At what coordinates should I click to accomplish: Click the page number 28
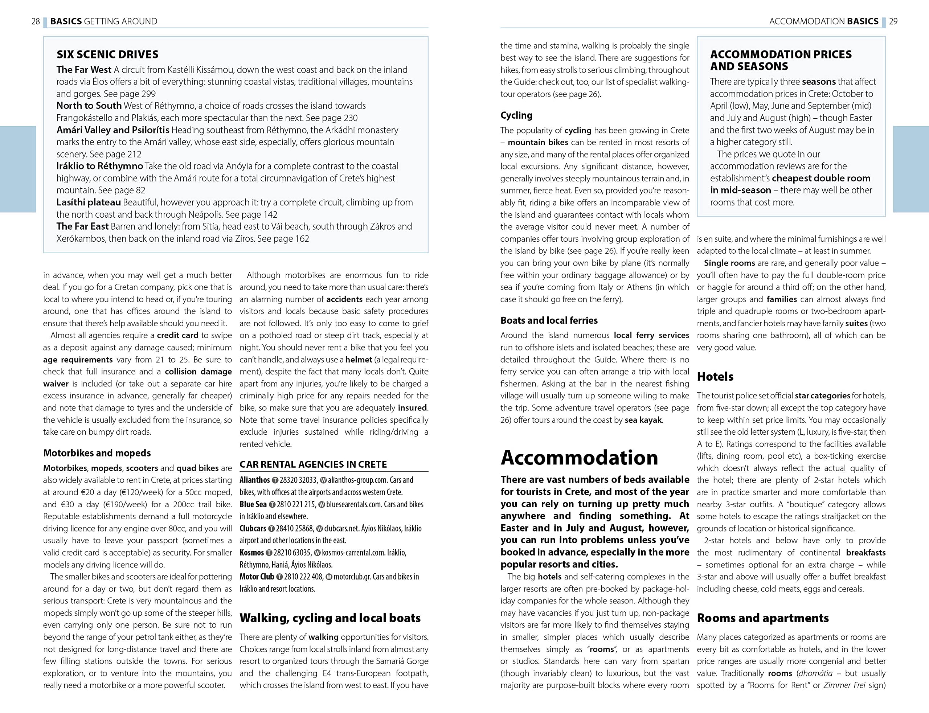tap(36, 21)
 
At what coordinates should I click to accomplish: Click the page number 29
tap(893, 21)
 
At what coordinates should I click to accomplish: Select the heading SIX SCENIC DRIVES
tap(107, 54)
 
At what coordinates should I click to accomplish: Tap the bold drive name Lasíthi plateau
tap(88, 202)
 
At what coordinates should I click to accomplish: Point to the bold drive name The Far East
tap(82, 227)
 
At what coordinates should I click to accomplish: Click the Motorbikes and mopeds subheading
tap(97, 453)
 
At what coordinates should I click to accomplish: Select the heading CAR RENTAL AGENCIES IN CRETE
tap(313, 464)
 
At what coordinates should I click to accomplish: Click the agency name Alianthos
tap(254, 480)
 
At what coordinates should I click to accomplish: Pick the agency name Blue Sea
tap(253, 504)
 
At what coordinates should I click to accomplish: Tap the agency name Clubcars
tap(253, 528)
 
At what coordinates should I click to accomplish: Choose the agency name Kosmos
tap(252, 553)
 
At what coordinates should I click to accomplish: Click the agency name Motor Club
tap(257, 577)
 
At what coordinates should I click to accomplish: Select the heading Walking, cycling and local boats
tap(330, 618)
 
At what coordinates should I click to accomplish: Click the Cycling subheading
tap(516, 115)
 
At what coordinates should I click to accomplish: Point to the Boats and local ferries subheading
tap(549, 320)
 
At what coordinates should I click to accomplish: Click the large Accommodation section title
tap(579, 458)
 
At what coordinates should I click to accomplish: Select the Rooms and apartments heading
tap(762, 618)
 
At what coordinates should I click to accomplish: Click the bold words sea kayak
tap(643, 420)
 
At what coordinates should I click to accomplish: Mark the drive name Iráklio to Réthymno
tap(99, 166)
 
